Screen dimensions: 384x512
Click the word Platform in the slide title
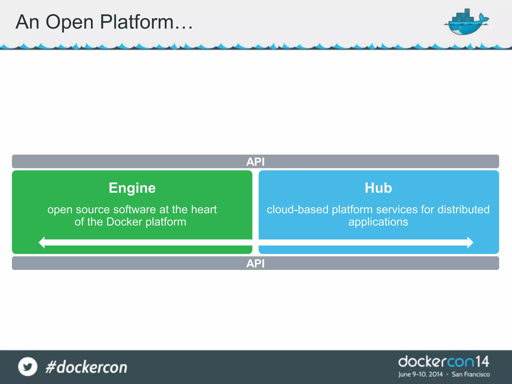pos(137,22)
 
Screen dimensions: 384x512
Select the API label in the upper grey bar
pos(255,162)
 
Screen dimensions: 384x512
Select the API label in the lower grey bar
pos(255,263)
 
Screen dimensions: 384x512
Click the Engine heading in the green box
pos(132,188)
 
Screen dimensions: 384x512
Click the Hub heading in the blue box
pos(378,188)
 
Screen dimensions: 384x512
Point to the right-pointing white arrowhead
pos(470,242)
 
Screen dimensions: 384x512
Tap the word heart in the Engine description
pos(204,209)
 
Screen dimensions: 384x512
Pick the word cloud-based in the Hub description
pos(297,209)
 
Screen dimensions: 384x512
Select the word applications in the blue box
pos(378,222)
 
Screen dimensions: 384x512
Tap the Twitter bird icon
pos(28,367)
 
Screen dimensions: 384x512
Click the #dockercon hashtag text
pos(86,367)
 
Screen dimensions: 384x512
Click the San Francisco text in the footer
pos(470,374)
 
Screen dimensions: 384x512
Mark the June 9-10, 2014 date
pos(420,374)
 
